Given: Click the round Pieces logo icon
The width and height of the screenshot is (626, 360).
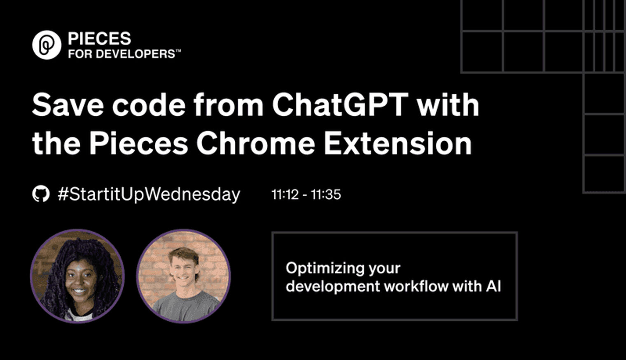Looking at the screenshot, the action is tap(47, 45).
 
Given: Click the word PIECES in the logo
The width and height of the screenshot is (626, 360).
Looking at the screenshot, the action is tap(100, 38).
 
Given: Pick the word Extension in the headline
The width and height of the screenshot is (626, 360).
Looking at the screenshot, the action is tap(398, 143).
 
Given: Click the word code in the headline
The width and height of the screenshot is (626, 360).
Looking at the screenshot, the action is tap(149, 105).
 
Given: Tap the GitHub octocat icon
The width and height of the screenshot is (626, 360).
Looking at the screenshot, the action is tap(41, 194).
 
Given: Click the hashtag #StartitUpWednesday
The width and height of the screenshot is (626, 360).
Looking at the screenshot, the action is tap(149, 194).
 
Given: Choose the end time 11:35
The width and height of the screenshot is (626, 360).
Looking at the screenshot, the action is tap(326, 194).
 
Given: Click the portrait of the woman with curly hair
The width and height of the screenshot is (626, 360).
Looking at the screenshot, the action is tap(77, 276).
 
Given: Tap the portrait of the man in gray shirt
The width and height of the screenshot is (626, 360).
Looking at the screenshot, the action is tap(184, 276).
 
